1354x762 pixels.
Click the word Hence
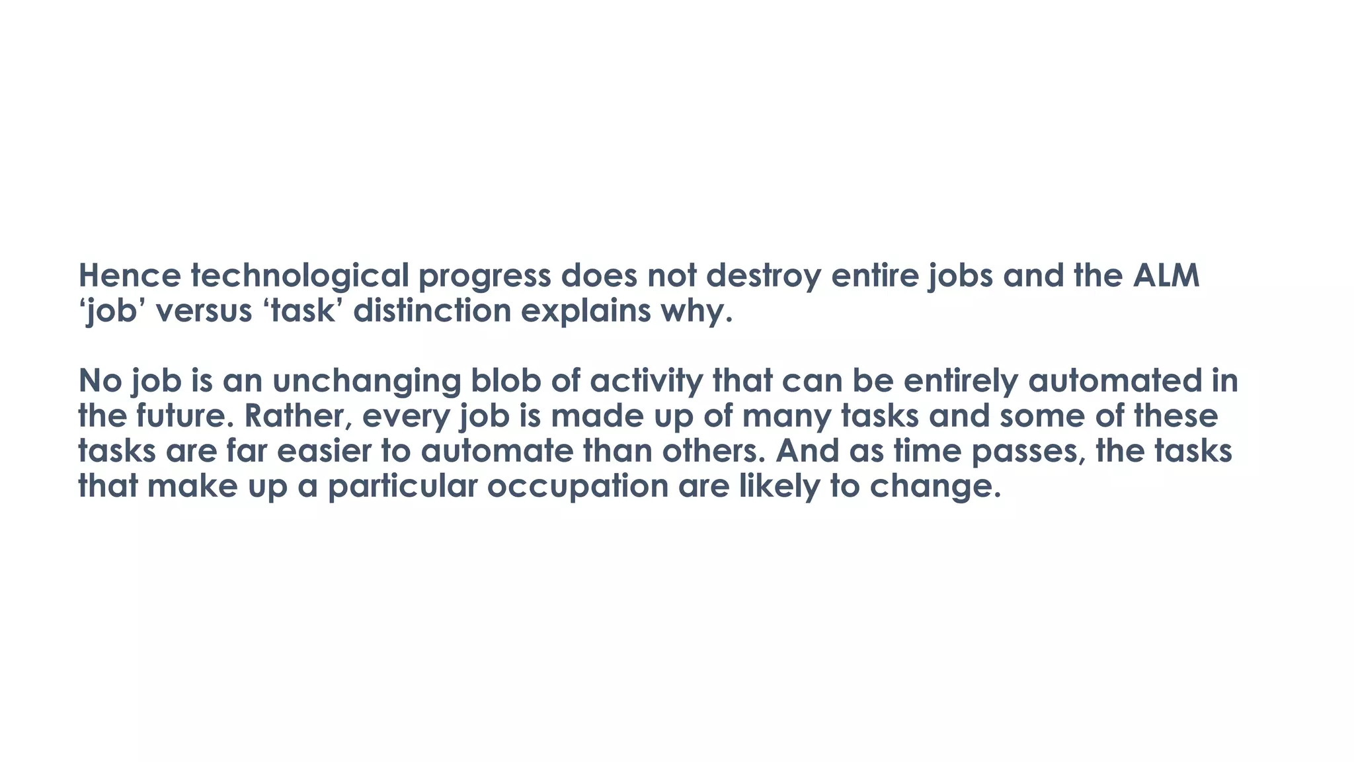tap(129, 276)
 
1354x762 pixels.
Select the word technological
tap(300, 276)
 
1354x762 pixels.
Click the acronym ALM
tap(1166, 276)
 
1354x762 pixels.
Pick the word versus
tap(204, 311)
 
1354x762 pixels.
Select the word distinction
tap(432, 311)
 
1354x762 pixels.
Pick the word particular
tap(403, 486)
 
